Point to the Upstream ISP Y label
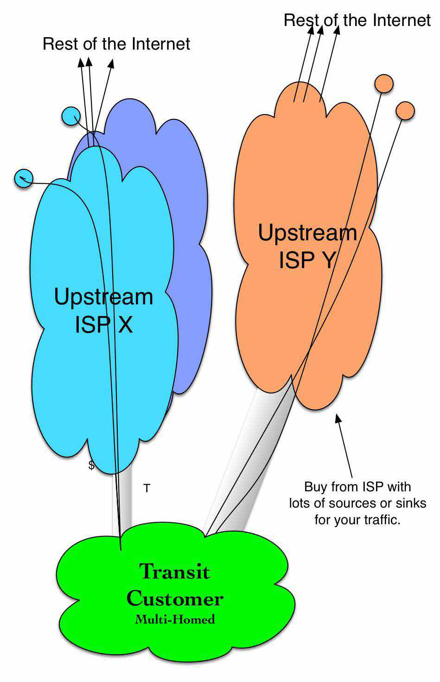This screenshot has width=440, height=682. (307, 246)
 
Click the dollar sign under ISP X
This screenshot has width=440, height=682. (91, 465)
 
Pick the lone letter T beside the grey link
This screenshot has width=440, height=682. (147, 488)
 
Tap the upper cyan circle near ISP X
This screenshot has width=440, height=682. (71, 116)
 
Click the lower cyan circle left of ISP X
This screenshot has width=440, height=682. (24, 179)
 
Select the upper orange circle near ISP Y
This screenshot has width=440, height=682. (384, 84)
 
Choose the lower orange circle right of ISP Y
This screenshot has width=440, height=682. (405, 110)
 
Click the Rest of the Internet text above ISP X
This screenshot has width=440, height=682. (116, 44)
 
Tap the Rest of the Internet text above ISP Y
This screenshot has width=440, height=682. (357, 20)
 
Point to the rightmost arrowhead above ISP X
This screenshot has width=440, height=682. (111, 63)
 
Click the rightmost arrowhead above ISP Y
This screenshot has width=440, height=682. (337, 30)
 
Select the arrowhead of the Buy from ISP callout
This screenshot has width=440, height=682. (338, 418)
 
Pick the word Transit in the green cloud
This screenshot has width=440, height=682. (175, 571)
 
